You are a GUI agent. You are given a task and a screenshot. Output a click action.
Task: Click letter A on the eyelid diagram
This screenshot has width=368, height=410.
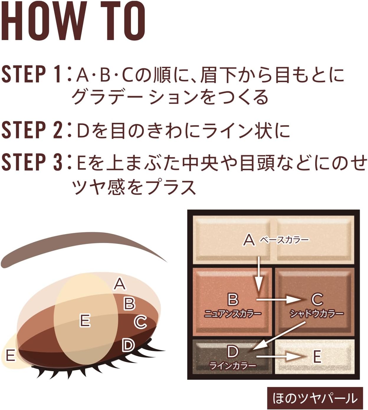click(x=120, y=284)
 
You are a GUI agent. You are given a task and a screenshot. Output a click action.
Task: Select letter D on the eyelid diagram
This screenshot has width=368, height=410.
click(x=128, y=345)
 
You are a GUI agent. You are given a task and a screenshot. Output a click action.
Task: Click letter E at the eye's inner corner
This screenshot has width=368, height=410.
click(x=10, y=356)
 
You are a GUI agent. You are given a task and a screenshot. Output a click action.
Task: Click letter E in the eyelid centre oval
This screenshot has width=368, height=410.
click(x=85, y=320)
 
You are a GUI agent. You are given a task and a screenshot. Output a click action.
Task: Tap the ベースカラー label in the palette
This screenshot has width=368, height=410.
click(x=284, y=240)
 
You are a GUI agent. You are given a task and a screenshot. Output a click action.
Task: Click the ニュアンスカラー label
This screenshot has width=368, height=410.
click(x=233, y=313)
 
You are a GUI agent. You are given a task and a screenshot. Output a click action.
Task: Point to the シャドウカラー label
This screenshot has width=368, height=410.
click(x=316, y=313)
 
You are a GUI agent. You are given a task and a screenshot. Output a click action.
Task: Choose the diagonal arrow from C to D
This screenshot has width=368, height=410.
click(x=279, y=336)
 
